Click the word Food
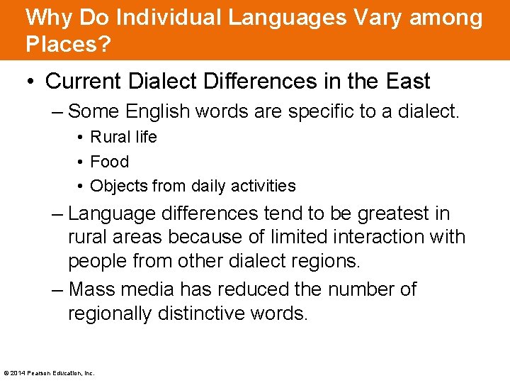pyautogui.click(x=110, y=162)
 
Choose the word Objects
pyautogui.click(x=116, y=186)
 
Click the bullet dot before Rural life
pyautogui.click(x=82, y=138)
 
